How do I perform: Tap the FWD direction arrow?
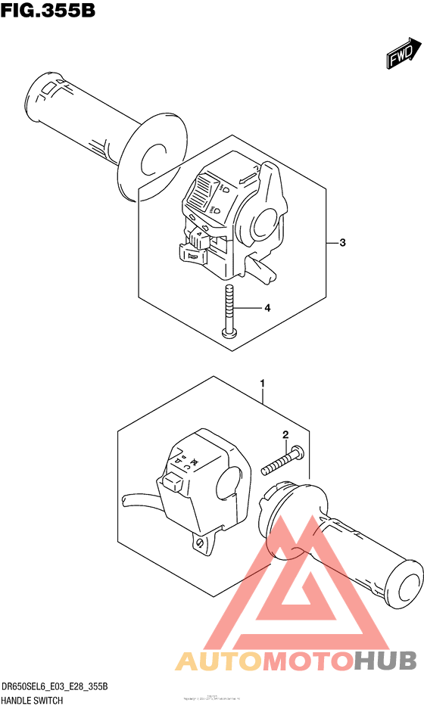coord(401,54)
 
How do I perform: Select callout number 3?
coord(342,243)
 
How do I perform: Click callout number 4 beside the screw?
coord(267,308)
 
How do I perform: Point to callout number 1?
coord(262,384)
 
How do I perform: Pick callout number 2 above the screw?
coord(285,434)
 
